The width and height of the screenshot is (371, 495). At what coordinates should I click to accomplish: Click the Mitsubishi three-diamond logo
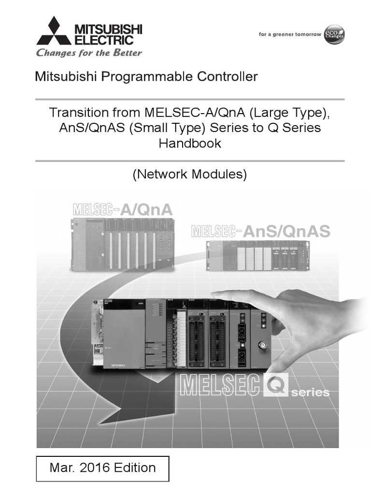pyautogui.click(x=54, y=31)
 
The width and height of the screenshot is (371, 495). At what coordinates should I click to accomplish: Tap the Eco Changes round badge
pyautogui.click(x=334, y=34)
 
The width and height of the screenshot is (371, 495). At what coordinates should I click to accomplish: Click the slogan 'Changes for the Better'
pyautogui.click(x=89, y=53)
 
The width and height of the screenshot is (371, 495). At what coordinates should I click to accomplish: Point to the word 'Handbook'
pyautogui.click(x=190, y=143)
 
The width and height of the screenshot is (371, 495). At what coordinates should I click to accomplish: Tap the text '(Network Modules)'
pyautogui.click(x=190, y=175)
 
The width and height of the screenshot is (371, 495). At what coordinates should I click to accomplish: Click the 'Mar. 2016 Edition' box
pyautogui.click(x=103, y=468)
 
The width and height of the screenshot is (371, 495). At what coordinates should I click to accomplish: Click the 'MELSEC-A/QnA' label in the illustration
pyautogui.click(x=123, y=209)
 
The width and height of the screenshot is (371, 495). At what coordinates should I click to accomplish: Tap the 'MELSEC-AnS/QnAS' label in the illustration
pyautogui.click(x=261, y=231)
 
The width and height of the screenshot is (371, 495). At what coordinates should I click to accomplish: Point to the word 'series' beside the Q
pyautogui.click(x=310, y=392)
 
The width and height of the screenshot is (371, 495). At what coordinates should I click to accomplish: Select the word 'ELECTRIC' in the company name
pyautogui.click(x=101, y=40)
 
